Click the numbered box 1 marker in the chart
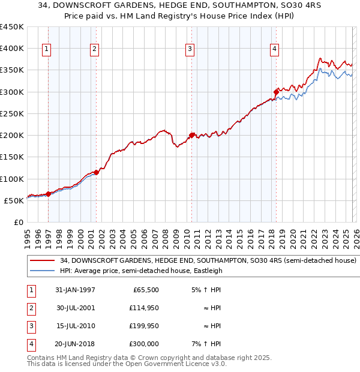pyautogui.click(x=47, y=49)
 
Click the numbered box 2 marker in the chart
pyautogui.click(x=94, y=49)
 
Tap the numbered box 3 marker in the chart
pyautogui.click(x=190, y=49)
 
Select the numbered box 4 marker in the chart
pyautogui.click(x=274, y=49)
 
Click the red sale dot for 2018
pyautogui.click(x=276, y=92)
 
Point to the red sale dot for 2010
pyautogui.click(x=192, y=135)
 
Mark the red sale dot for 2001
pyautogui.click(x=97, y=172)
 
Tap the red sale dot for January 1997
pyautogui.click(x=49, y=193)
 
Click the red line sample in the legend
pyautogui.click(x=43, y=261)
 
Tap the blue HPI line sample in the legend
pyautogui.click(x=43, y=271)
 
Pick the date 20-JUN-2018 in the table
pyautogui.click(x=75, y=344)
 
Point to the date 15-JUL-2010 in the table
pyautogui.click(x=75, y=326)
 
